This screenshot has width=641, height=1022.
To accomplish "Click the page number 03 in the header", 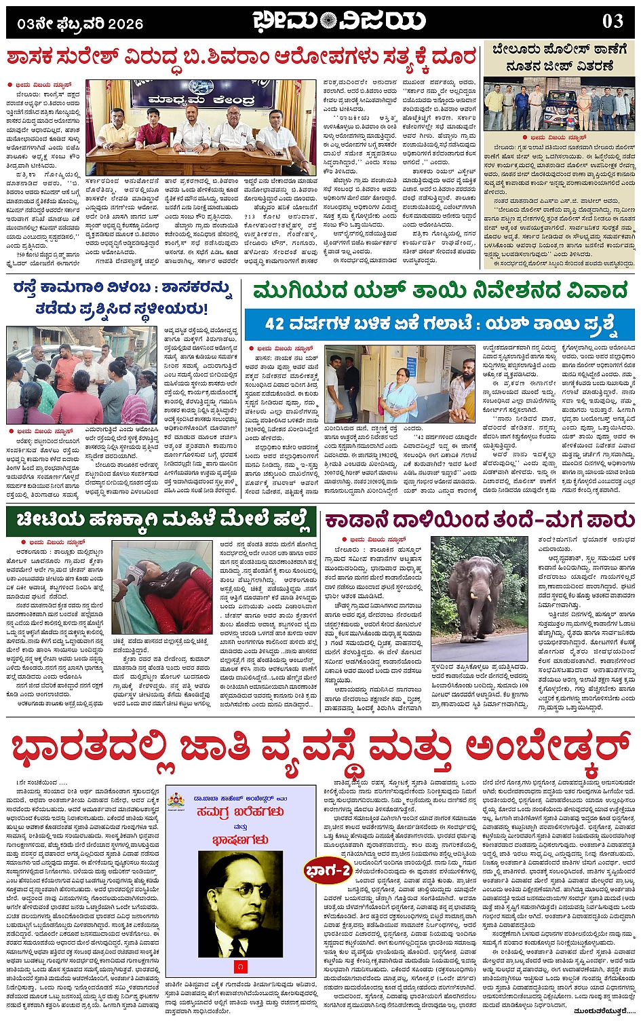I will coord(612,22).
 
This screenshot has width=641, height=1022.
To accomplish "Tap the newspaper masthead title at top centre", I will coord(339,22).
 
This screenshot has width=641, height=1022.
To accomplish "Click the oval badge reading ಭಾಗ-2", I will coord(328,870).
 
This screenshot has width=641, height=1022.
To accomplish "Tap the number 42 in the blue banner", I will coord(277,323).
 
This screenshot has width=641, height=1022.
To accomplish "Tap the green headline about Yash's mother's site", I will coord(440,291).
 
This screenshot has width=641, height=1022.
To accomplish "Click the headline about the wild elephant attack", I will coord(479,521).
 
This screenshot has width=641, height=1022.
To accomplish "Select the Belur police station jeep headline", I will coord(560,57).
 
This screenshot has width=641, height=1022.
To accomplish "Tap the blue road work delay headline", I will coord(122,298).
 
